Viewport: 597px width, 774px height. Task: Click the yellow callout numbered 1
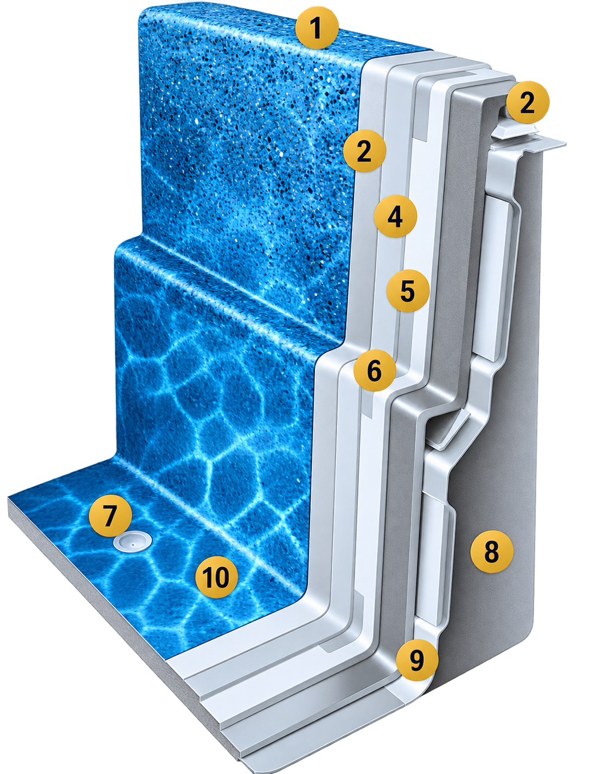coord(317,28)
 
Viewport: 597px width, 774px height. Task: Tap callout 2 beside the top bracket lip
coord(528,102)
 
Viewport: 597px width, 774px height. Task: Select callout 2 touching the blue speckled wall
coord(364,151)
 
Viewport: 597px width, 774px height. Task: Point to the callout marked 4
coord(395,216)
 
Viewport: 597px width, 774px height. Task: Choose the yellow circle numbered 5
coord(408,291)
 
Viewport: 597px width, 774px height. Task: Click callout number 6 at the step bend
coord(375,370)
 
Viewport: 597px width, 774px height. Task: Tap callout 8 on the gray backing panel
coord(492,552)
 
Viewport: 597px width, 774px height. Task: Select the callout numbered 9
coord(417,660)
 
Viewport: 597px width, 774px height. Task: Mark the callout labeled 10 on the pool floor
coord(216,577)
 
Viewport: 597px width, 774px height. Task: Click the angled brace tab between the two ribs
coord(450,429)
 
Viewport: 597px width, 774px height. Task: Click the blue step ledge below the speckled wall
coord(228,281)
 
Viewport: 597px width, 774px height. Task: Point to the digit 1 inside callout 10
coord(207,577)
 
